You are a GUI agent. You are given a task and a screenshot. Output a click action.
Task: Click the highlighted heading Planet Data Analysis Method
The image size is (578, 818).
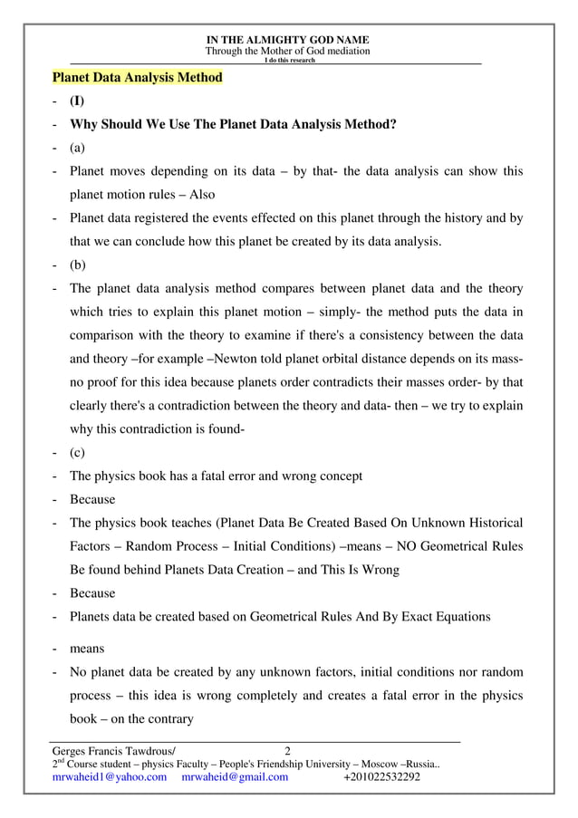(137, 78)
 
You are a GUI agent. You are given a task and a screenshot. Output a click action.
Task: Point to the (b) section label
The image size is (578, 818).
(79, 266)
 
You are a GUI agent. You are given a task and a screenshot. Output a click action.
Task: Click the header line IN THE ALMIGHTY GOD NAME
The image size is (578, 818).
(287, 41)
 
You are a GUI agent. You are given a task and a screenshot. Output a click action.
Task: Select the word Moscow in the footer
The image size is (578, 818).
(371, 764)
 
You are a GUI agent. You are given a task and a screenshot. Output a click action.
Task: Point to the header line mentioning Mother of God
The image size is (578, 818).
(287, 52)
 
